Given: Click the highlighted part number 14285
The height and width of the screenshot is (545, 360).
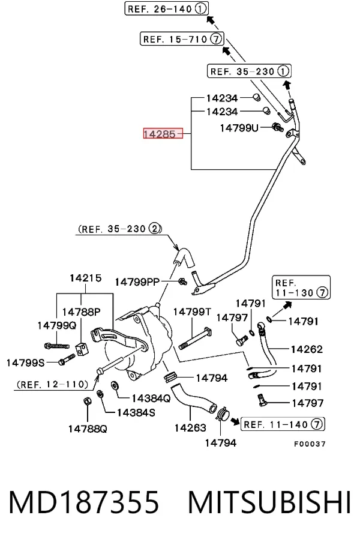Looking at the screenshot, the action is click(x=163, y=133).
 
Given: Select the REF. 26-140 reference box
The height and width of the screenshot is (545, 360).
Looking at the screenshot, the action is click(x=167, y=8).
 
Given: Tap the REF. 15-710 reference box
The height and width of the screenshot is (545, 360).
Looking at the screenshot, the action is click(x=182, y=38).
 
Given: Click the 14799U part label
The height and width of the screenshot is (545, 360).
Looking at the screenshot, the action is click(x=239, y=128).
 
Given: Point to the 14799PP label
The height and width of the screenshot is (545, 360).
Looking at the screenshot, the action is click(x=137, y=282).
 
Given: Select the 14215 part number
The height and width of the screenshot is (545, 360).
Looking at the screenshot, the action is click(x=85, y=278).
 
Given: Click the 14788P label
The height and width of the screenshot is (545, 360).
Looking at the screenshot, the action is click(x=82, y=312).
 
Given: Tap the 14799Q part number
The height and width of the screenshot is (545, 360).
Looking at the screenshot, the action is click(x=56, y=326).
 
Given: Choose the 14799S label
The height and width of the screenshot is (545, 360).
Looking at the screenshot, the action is click(x=25, y=363).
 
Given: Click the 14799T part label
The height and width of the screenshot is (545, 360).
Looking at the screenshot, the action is click(x=192, y=312).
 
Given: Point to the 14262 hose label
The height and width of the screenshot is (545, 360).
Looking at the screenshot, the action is click(x=307, y=349).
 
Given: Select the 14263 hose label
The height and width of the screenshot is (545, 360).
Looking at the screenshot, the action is click(x=190, y=427).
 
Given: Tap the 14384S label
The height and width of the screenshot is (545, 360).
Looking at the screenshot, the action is click(x=136, y=412).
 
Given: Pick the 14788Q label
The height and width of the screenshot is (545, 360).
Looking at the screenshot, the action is click(x=88, y=429).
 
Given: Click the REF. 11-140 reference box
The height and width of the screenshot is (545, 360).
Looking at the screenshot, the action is click(x=283, y=424).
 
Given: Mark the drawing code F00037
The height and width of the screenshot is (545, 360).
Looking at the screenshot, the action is click(x=310, y=444).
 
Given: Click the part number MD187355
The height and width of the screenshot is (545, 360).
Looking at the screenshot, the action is click(x=84, y=502).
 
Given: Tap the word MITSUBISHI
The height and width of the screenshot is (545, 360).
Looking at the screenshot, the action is click(x=269, y=502).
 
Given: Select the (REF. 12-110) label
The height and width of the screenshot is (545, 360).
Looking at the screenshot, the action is click(x=52, y=384).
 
